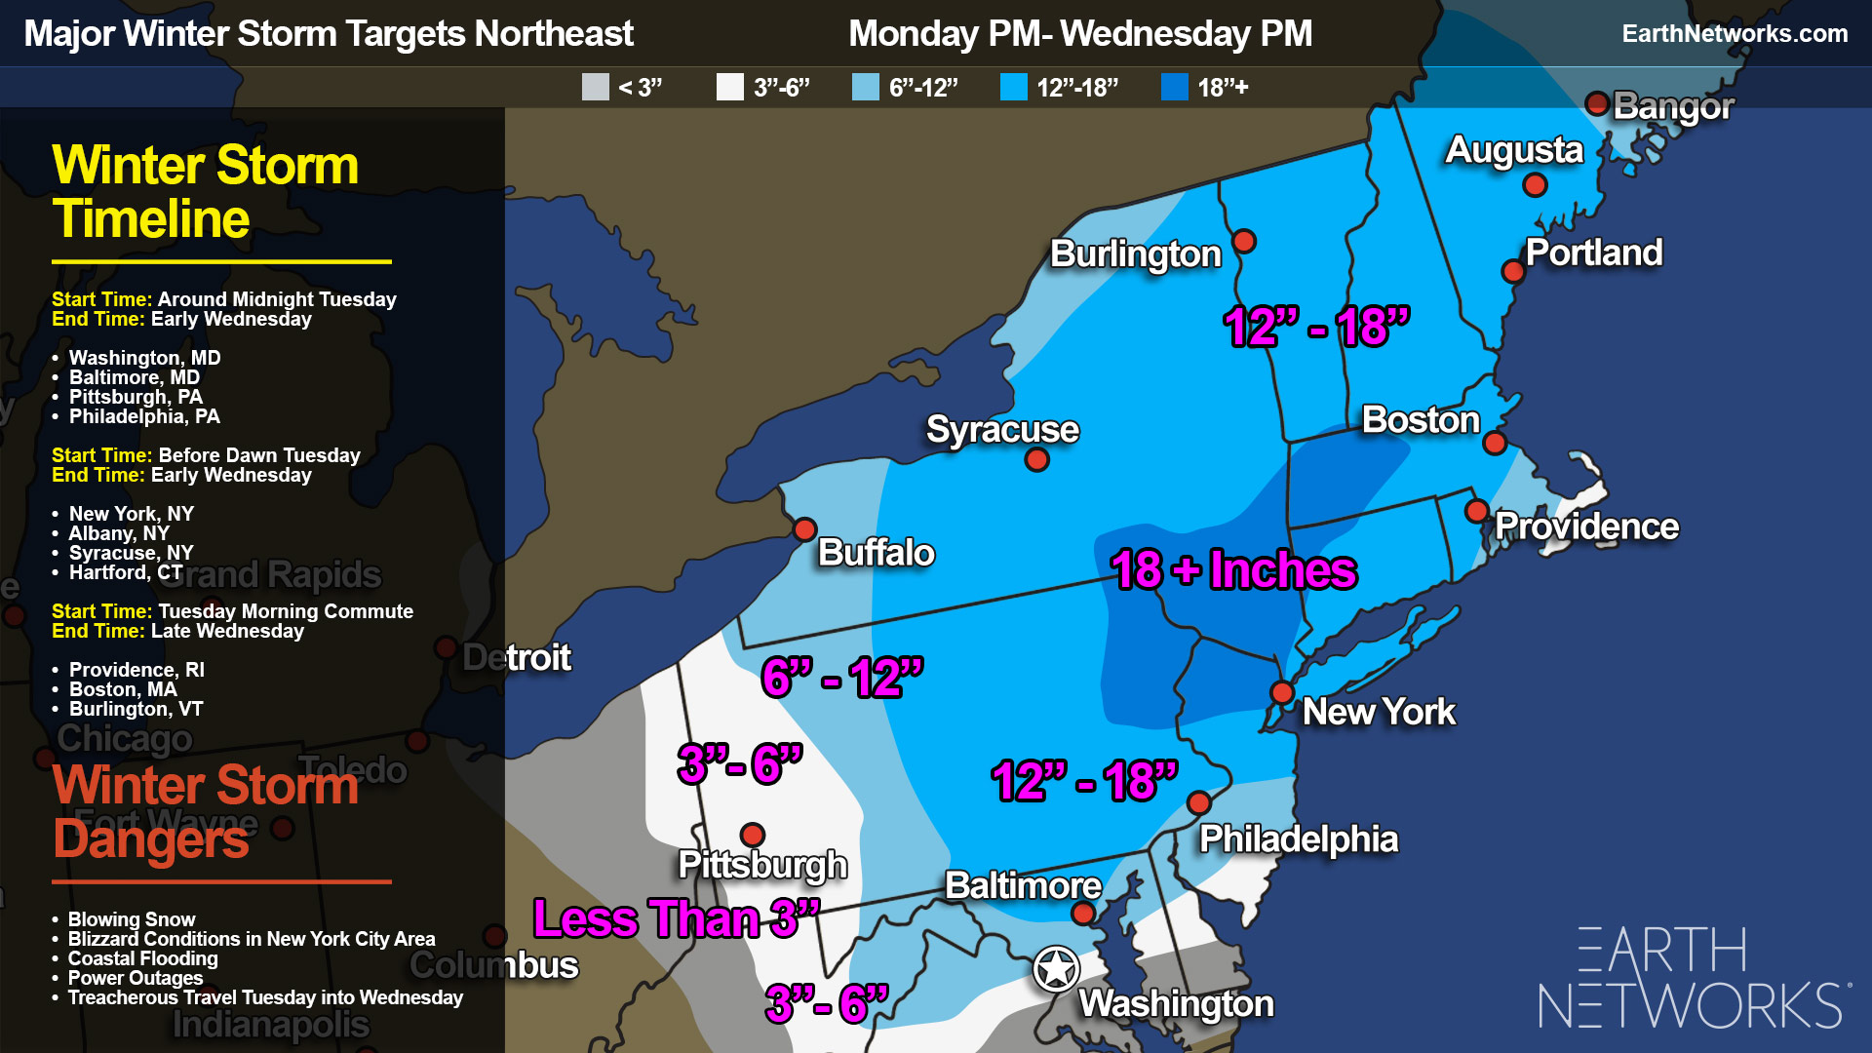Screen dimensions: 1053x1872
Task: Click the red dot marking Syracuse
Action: coord(1036,459)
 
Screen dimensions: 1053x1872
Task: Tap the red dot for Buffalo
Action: coord(804,529)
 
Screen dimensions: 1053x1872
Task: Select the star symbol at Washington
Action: coord(1056,969)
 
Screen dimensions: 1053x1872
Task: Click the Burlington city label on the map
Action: coord(1135,254)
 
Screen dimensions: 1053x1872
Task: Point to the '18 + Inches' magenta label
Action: coord(1233,570)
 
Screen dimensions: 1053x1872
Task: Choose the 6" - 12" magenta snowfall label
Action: coord(842,678)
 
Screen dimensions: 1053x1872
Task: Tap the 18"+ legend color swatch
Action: coord(1175,88)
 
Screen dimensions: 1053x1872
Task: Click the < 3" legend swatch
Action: coord(595,88)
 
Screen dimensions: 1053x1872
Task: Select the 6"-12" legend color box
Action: coord(866,88)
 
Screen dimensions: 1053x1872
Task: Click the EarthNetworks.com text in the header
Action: coord(1735,34)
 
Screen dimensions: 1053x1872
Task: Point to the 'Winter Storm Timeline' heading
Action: coord(205,192)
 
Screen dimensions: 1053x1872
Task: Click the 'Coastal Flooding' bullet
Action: coord(142,958)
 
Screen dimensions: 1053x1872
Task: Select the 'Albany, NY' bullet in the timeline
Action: coord(119,533)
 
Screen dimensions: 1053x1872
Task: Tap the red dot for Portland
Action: coord(1512,271)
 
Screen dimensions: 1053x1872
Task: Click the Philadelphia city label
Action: coord(1298,839)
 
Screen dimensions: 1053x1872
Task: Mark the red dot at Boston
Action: coord(1494,445)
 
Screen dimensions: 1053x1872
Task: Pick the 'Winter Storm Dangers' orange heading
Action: coord(205,812)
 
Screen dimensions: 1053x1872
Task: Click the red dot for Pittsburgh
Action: coord(752,835)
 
